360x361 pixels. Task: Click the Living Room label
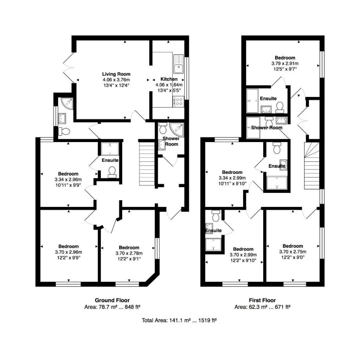point(116,74)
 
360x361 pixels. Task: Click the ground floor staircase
point(147,163)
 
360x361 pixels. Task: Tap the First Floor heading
point(262,300)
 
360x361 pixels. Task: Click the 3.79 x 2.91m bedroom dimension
point(285,63)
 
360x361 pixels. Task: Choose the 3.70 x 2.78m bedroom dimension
point(129,253)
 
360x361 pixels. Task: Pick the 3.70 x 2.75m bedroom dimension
point(293,252)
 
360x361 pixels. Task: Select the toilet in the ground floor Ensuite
point(112,171)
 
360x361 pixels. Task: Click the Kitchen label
point(169,79)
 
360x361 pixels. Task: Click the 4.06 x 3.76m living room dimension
point(116,80)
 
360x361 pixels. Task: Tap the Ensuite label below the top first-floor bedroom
point(268,99)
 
